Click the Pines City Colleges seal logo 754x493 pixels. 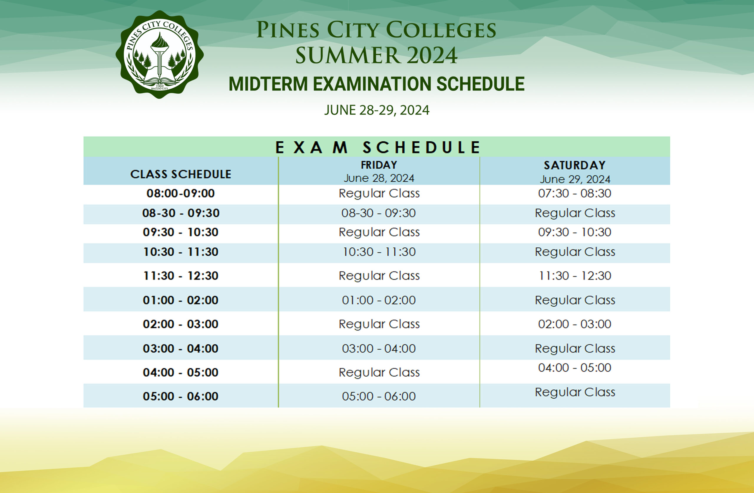click(x=160, y=54)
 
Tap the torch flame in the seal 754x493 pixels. click(x=159, y=40)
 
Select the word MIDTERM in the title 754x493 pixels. click(x=268, y=84)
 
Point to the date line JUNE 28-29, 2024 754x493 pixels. click(x=377, y=110)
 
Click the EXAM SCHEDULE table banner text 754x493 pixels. click(x=378, y=147)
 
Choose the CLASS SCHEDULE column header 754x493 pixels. click(x=181, y=174)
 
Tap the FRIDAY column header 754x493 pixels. click(x=379, y=165)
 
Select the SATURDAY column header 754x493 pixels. click(x=575, y=165)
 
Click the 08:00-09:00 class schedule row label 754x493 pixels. click(x=181, y=193)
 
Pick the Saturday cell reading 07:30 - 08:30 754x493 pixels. click(x=575, y=193)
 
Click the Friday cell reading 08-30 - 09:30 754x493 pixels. click(x=378, y=213)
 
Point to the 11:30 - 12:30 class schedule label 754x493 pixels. click(x=181, y=276)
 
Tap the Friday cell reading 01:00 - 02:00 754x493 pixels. click(x=378, y=300)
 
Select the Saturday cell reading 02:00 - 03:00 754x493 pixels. click(x=575, y=324)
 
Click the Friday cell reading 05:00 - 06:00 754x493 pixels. click(x=378, y=396)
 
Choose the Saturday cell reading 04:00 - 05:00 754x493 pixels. click(x=575, y=368)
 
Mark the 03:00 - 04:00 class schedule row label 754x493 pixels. click(x=181, y=348)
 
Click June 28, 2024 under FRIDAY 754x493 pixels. click(x=379, y=178)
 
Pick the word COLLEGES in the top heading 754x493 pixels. click(x=441, y=30)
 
